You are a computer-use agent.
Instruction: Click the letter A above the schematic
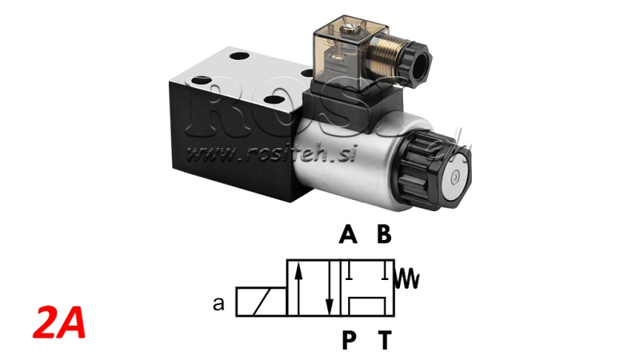pos(346,234)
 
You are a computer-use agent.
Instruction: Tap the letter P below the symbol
pos(349,342)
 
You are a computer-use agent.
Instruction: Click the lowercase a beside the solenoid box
pos(217,304)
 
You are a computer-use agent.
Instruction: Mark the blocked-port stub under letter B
pos(386,272)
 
